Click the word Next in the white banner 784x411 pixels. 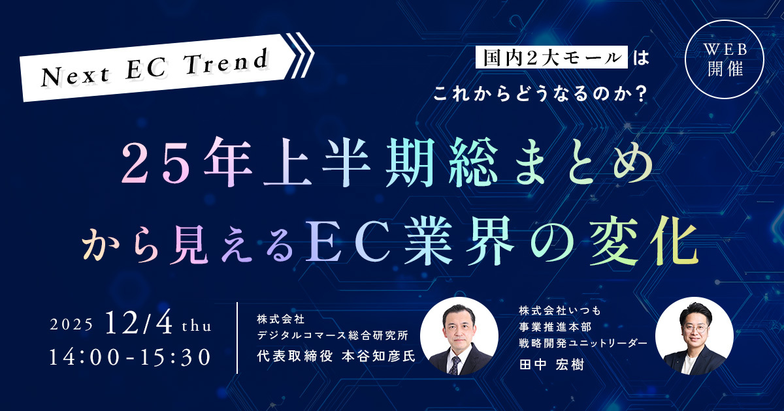(75, 76)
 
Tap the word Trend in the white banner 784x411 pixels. (227, 63)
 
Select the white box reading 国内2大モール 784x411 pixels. (551, 57)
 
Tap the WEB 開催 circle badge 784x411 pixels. (725, 59)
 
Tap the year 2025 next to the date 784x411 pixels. (71, 325)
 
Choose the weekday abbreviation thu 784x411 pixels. (197, 326)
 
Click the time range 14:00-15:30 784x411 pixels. (130, 358)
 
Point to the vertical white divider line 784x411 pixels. (238, 338)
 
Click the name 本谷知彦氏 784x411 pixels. (378, 356)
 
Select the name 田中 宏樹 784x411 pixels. (551, 365)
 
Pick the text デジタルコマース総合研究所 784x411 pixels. (333, 335)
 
